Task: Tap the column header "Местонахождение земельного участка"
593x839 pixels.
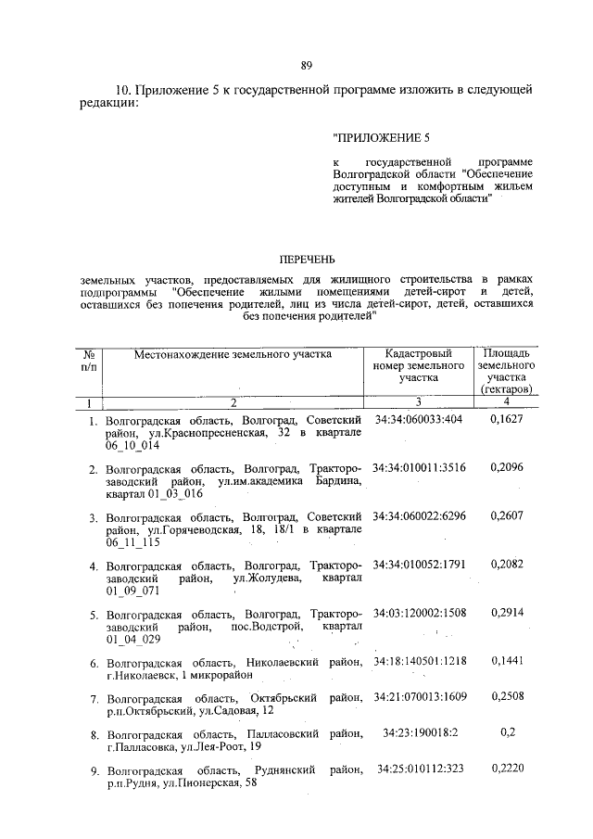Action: pyautogui.click(x=232, y=353)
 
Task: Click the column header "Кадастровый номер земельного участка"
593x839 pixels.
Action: pyautogui.click(x=418, y=365)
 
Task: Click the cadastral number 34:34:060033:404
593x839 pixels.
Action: pyautogui.click(x=418, y=420)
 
